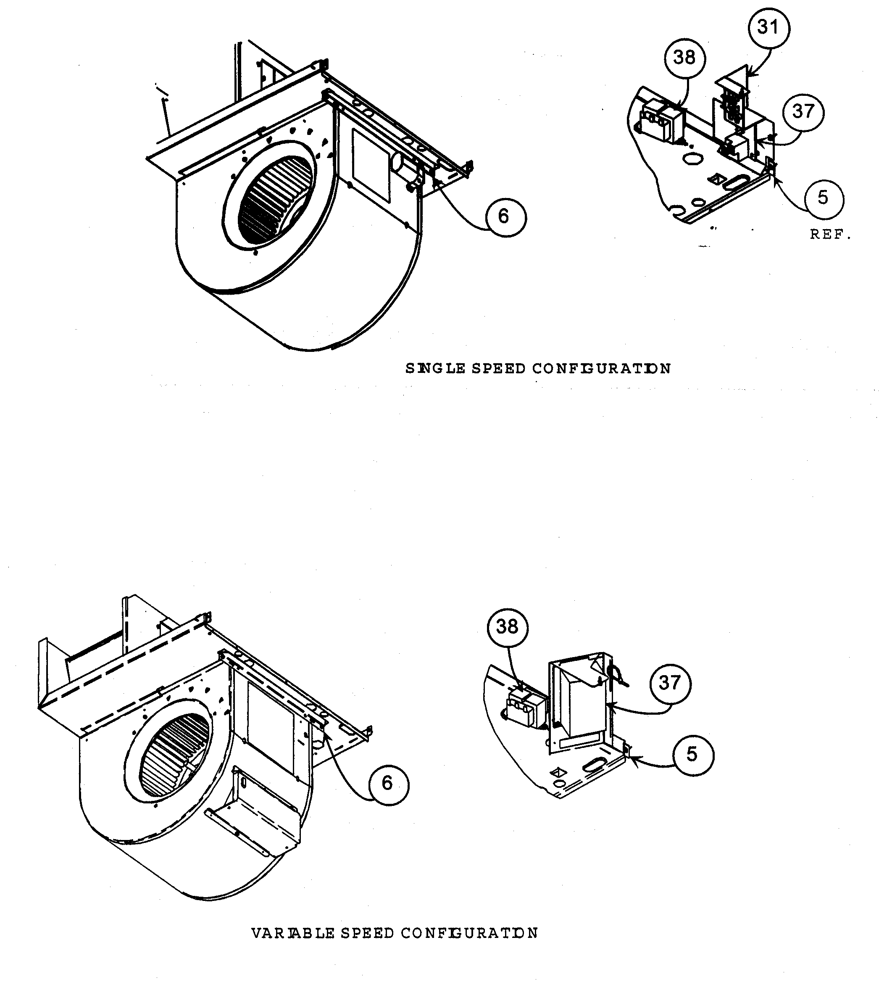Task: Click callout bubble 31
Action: coord(768,28)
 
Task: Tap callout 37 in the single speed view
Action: coord(803,112)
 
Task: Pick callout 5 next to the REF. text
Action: coord(824,198)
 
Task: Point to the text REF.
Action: coord(830,235)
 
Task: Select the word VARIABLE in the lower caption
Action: coord(293,933)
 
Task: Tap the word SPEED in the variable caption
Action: coord(367,933)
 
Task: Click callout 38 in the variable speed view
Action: coord(508,627)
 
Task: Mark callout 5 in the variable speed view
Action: coord(693,755)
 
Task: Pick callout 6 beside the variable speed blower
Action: coord(387,783)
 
